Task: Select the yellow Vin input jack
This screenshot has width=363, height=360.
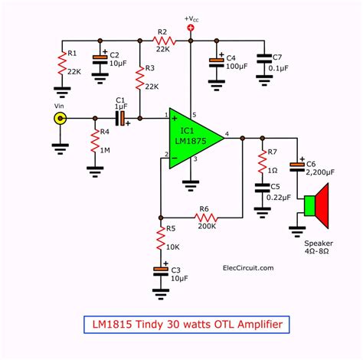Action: click(58, 119)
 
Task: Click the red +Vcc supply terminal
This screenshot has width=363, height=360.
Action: click(191, 28)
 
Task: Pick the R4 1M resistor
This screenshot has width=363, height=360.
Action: click(95, 141)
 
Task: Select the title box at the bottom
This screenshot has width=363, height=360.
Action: click(181, 326)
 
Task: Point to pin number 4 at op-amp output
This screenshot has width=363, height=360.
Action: click(227, 133)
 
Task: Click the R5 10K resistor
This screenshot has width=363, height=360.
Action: click(161, 239)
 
